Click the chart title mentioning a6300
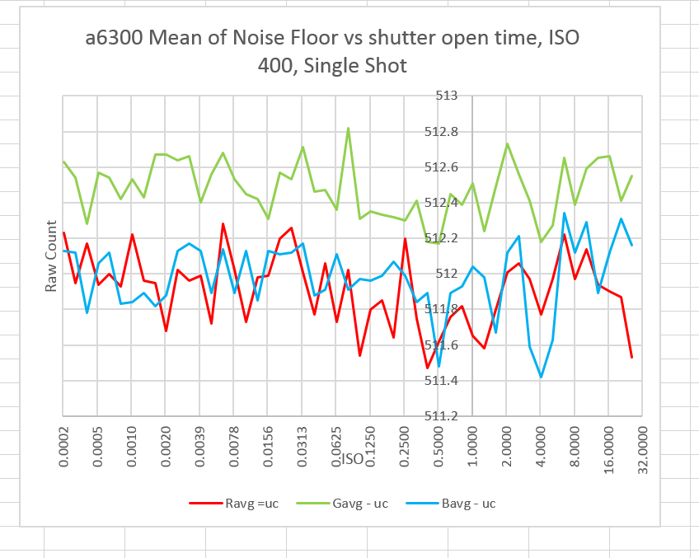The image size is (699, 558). [339, 51]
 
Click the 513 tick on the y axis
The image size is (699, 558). [446, 96]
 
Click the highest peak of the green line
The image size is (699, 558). [348, 128]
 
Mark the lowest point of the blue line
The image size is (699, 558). [541, 377]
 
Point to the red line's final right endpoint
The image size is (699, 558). [631, 357]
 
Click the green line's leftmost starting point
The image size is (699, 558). [63, 161]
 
